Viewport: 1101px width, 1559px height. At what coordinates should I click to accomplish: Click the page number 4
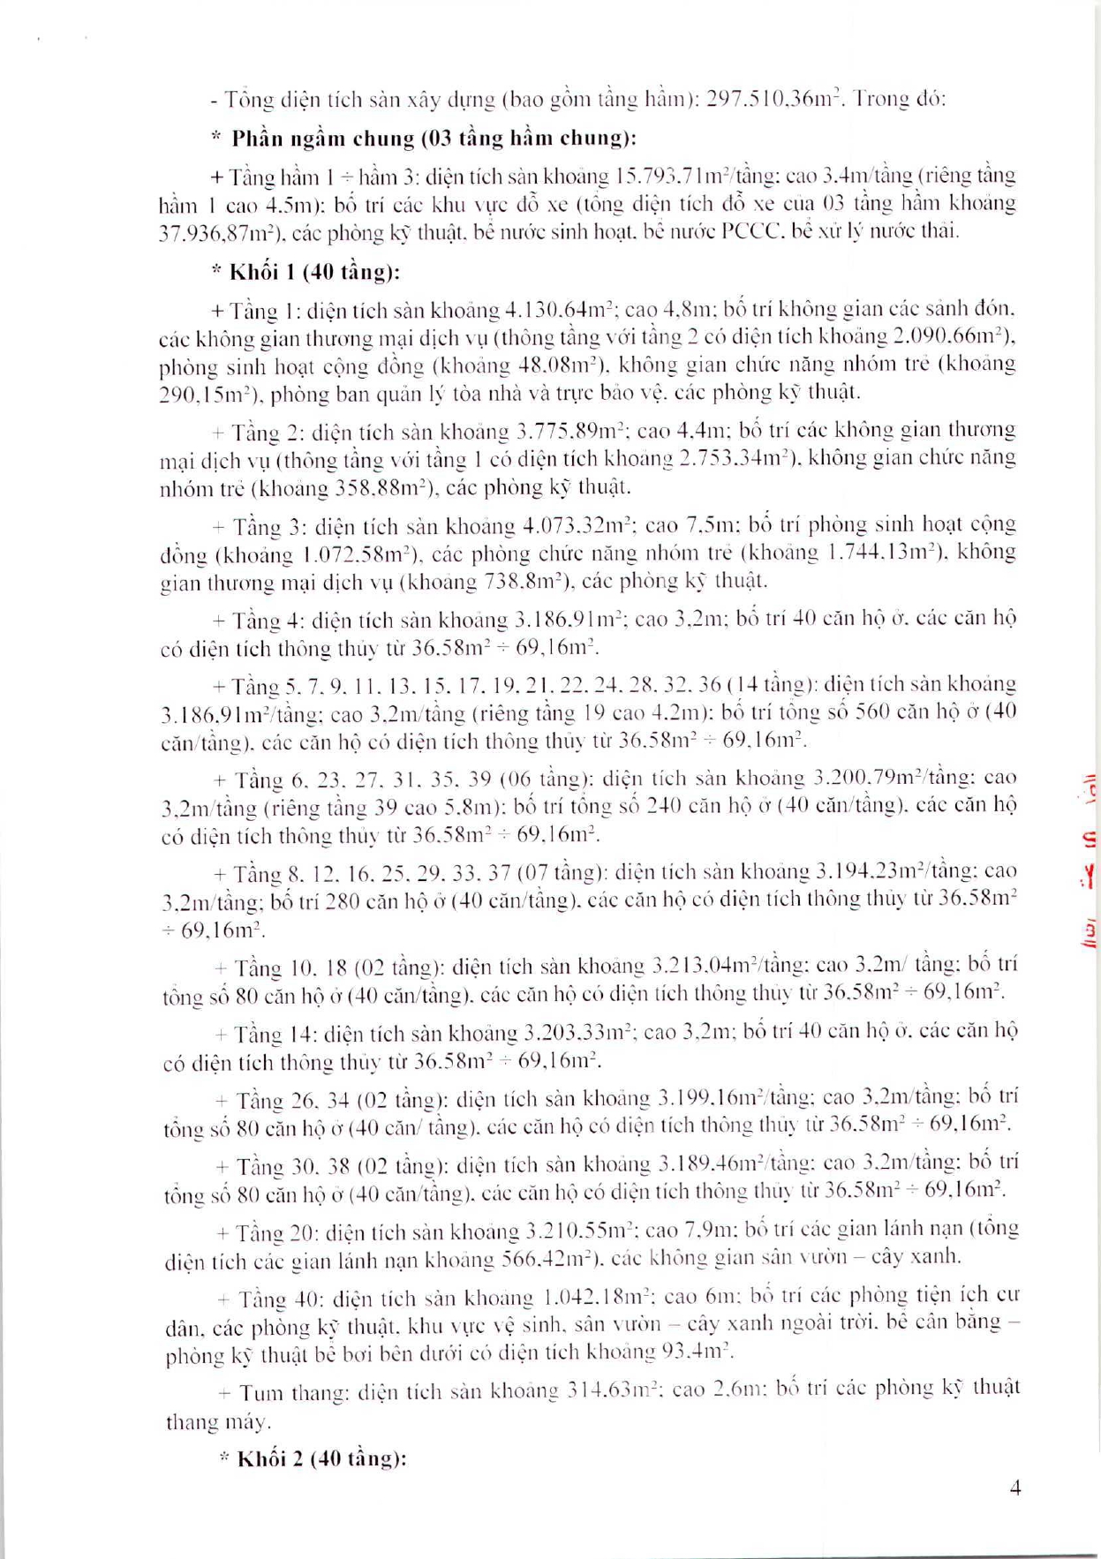tap(1015, 1488)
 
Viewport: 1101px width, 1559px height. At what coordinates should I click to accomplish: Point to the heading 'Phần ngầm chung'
tap(323, 139)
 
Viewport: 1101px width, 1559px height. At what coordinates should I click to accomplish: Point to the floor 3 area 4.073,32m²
tap(576, 526)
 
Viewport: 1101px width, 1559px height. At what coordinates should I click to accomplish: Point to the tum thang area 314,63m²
tap(611, 1390)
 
